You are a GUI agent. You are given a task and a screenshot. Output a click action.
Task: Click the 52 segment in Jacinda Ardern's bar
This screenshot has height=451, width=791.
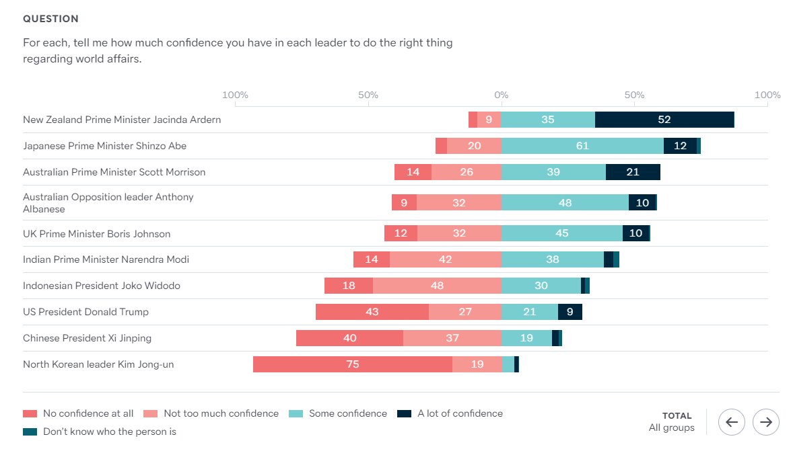click(664, 120)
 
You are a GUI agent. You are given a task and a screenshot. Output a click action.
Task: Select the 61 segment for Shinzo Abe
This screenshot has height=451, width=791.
click(582, 146)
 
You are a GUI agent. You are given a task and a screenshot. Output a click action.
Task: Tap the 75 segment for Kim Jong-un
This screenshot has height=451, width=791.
click(352, 364)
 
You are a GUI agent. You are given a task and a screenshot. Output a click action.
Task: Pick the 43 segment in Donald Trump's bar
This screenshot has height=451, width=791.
click(372, 312)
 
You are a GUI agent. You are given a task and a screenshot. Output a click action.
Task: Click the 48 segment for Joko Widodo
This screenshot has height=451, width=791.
click(437, 286)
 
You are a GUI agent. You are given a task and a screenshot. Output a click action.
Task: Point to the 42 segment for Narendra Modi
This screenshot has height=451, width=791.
click(445, 259)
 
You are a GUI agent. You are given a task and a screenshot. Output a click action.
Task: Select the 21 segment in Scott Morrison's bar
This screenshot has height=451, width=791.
click(633, 172)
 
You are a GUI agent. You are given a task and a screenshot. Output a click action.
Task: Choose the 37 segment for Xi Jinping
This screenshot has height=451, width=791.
click(452, 338)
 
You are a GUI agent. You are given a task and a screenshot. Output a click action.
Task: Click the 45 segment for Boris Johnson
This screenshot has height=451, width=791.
click(561, 233)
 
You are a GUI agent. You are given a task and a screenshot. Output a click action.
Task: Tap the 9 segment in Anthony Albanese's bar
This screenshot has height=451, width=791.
click(404, 202)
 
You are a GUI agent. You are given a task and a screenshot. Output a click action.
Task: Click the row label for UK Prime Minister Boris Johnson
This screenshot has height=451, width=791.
click(97, 234)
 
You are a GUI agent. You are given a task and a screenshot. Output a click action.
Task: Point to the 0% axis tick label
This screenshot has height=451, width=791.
click(501, 95)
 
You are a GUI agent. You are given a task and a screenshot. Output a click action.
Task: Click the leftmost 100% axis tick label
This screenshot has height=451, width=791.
click(235, 95)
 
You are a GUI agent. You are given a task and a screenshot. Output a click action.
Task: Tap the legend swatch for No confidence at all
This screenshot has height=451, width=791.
click(30, 413)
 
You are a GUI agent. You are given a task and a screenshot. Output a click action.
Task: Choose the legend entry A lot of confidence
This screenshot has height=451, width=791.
click(459, 413)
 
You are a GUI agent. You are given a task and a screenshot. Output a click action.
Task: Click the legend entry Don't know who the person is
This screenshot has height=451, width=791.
click(109, 432)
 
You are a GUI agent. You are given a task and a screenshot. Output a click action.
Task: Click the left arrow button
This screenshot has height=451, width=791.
click(732, 422)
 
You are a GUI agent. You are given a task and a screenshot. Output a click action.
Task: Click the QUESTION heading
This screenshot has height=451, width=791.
click(50, 19)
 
